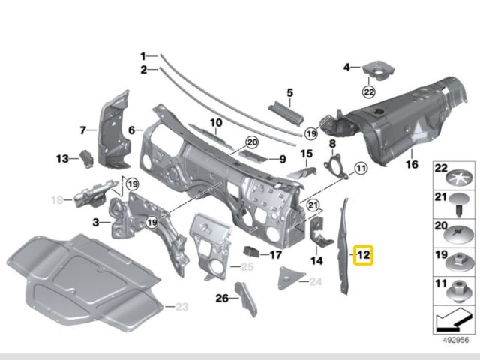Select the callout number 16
[411, 164]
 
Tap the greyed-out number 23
[183, 307]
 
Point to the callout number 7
[83, 130]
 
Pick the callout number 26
[221, 298]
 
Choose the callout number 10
[216, 123]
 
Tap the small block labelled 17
[253, 252]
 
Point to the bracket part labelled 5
[285, 111]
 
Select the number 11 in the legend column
[440, 284]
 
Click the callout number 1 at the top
[142, 56]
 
